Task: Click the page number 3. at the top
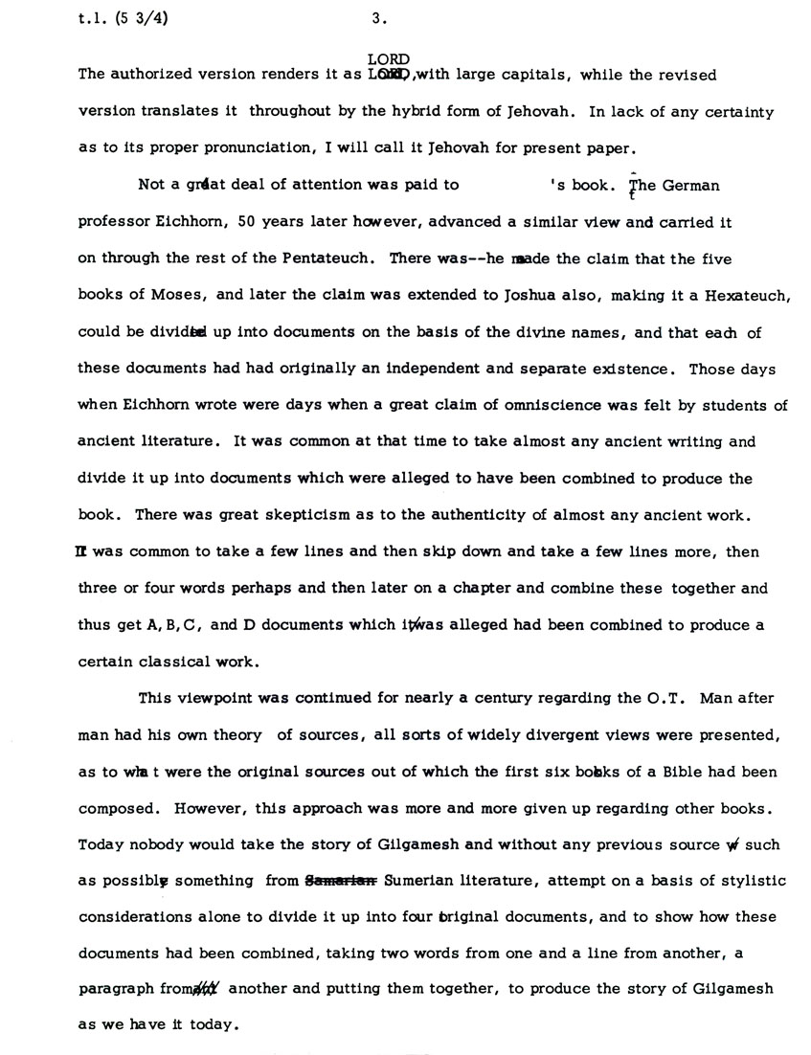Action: [x=378, y=16]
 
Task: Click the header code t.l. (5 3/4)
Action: [x=121, y=16]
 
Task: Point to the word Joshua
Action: [x=515, y=296]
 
